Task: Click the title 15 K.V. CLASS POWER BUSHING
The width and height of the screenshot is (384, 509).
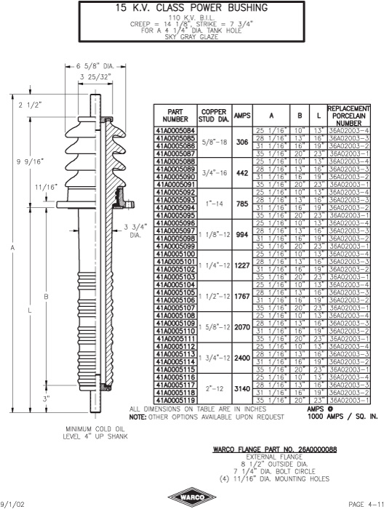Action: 192,7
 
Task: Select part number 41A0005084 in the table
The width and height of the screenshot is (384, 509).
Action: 175,130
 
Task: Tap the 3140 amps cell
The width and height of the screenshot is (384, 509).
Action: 242,388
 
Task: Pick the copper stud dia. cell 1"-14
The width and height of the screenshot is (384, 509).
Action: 215,204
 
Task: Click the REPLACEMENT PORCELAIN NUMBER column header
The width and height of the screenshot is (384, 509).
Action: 348,116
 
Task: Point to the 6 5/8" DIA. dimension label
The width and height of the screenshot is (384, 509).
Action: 95,67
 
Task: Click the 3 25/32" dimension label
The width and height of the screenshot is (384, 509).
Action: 96,76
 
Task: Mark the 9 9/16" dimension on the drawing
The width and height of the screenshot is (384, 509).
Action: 31,161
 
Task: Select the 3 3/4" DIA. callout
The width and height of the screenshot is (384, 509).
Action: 135,231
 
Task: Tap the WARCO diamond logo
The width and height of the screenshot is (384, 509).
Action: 192,497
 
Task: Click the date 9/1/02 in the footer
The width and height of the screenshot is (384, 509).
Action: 12,504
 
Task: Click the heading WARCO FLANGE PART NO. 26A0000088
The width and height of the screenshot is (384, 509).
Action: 275,449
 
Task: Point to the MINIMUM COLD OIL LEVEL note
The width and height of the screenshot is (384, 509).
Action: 95,433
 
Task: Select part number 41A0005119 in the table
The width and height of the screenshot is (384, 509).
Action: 175,400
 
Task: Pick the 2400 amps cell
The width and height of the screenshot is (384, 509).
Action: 242,358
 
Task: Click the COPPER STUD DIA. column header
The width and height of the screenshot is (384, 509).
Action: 215,116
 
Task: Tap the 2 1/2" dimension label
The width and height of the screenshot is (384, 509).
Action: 31,105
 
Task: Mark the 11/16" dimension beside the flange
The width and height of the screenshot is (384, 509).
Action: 46,187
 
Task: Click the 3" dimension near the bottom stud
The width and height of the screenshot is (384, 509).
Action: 46,399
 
